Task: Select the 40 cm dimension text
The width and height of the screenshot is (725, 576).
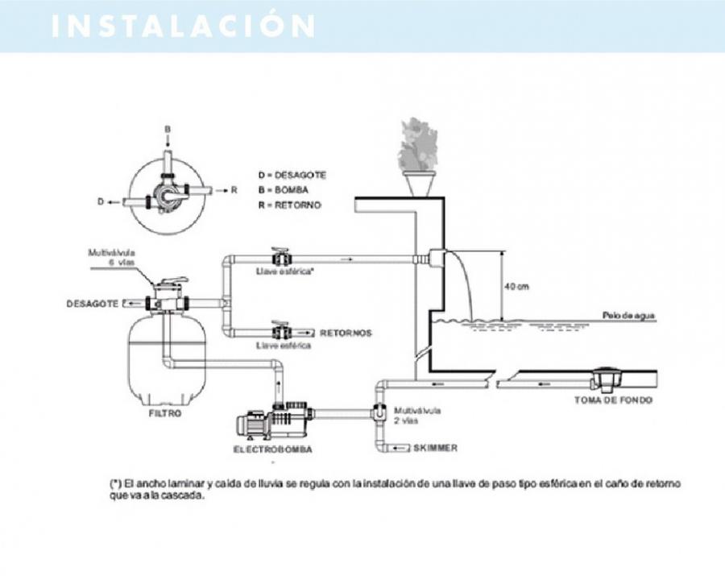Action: (517, 287)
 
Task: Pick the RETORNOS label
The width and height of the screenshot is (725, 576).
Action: (346, 332)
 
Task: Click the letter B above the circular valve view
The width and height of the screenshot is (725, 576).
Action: (168, 129)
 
